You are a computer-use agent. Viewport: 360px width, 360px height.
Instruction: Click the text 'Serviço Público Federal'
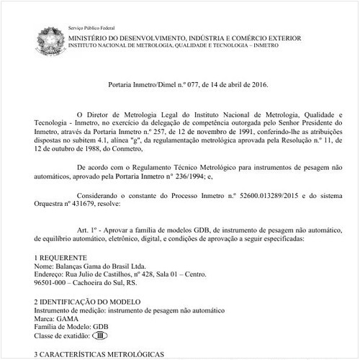tap(92, 27)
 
